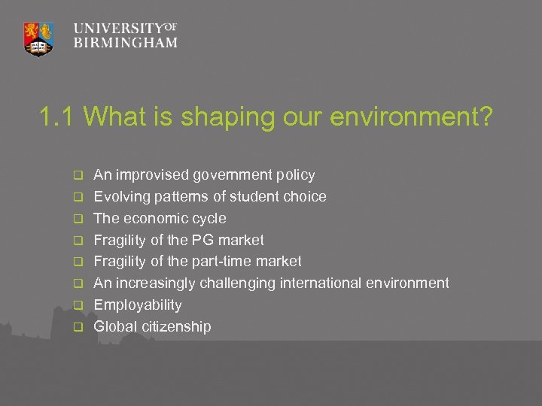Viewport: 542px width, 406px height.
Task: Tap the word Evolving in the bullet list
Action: (x=119, y=197)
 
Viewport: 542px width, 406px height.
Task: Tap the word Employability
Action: (x=137, y=305)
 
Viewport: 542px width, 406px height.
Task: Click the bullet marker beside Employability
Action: (x=77, y=305)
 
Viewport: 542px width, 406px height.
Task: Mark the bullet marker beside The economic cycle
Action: (x=77, y=219)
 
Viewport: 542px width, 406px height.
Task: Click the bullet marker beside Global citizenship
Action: (x=77, y=327)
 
